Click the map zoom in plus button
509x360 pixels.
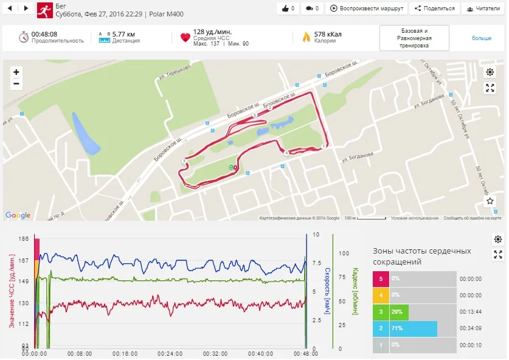pos(16,72)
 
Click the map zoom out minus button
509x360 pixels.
pos(16,84)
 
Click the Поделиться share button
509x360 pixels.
pos(434,9)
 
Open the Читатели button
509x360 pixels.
pos(484,9)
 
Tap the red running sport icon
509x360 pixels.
pos(44,10)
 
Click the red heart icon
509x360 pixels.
pos(185,38)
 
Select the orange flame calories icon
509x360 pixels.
pos(306,38)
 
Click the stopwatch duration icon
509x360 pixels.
pos(24,37)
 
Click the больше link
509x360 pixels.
pos(481,38)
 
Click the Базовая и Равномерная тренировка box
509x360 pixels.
pos(414,38)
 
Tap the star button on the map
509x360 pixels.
pos(490,201)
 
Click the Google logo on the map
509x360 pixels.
pos(18,215)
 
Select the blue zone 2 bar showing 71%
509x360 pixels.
pos(413,329)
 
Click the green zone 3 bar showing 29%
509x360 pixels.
pos(399,312)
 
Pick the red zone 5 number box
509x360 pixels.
pos(381,279)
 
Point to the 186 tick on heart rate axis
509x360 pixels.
pos(24,240)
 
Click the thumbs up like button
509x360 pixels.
pos(288,9)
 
